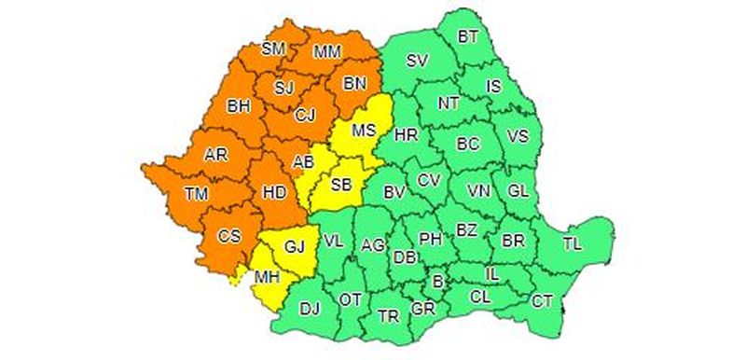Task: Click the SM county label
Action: click(x=273, y=48)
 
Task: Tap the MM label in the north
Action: click(x=327, y=51)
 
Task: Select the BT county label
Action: click(x=467, y=37)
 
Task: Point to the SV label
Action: click(x=417, y=62)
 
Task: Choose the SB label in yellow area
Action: click(x=341, y=185)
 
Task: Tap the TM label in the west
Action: click(x=196, y=194)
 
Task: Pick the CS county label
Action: click(x=229, y=236)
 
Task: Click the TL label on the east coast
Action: click(x=572, y=243)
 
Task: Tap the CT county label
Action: click(x=543, y=300)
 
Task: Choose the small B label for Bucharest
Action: click(x=438, y=278)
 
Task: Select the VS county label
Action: click(x=518, y=136)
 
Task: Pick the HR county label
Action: click(x=406, y=136)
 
